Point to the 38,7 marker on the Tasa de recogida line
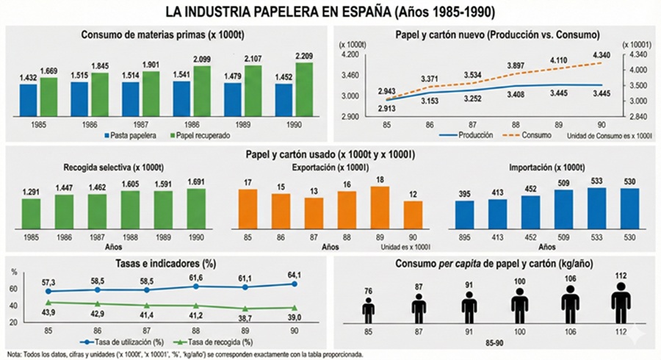pyautogui.click(x=245, y=309)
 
